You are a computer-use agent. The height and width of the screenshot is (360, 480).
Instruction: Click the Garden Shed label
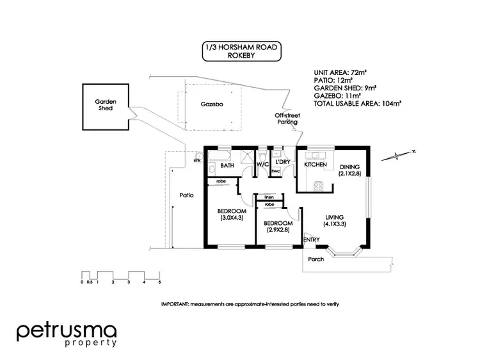pyautogui.click(x=104, y=105)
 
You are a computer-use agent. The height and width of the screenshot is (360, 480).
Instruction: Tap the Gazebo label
pyautogui.click(x=211, y=103)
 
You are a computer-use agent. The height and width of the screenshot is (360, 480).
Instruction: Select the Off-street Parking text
pyautogui.click(x=287, y=119)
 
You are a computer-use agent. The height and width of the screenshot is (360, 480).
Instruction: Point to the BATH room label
pyautogui.click(x=227, y=165)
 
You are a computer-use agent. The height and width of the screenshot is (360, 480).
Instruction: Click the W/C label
pyautogui.click(x=262, y=165)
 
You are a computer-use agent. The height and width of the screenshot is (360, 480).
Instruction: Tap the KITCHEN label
pyautogui.click(x=316, y=165)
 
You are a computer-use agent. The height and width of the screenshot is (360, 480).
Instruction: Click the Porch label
pyautogui.click(x=316, y=259)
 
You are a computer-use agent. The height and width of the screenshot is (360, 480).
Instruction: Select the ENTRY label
pyautogui.click(x=312, y=240)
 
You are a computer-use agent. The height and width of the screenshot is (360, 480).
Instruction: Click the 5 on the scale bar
pyautogui.click(x=159, y=282)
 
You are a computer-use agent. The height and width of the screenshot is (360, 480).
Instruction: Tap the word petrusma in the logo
pyautogui.click(x=67, y=331)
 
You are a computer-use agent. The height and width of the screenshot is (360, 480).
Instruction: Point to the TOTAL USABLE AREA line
pyautogui.click(x=357, y=102)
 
